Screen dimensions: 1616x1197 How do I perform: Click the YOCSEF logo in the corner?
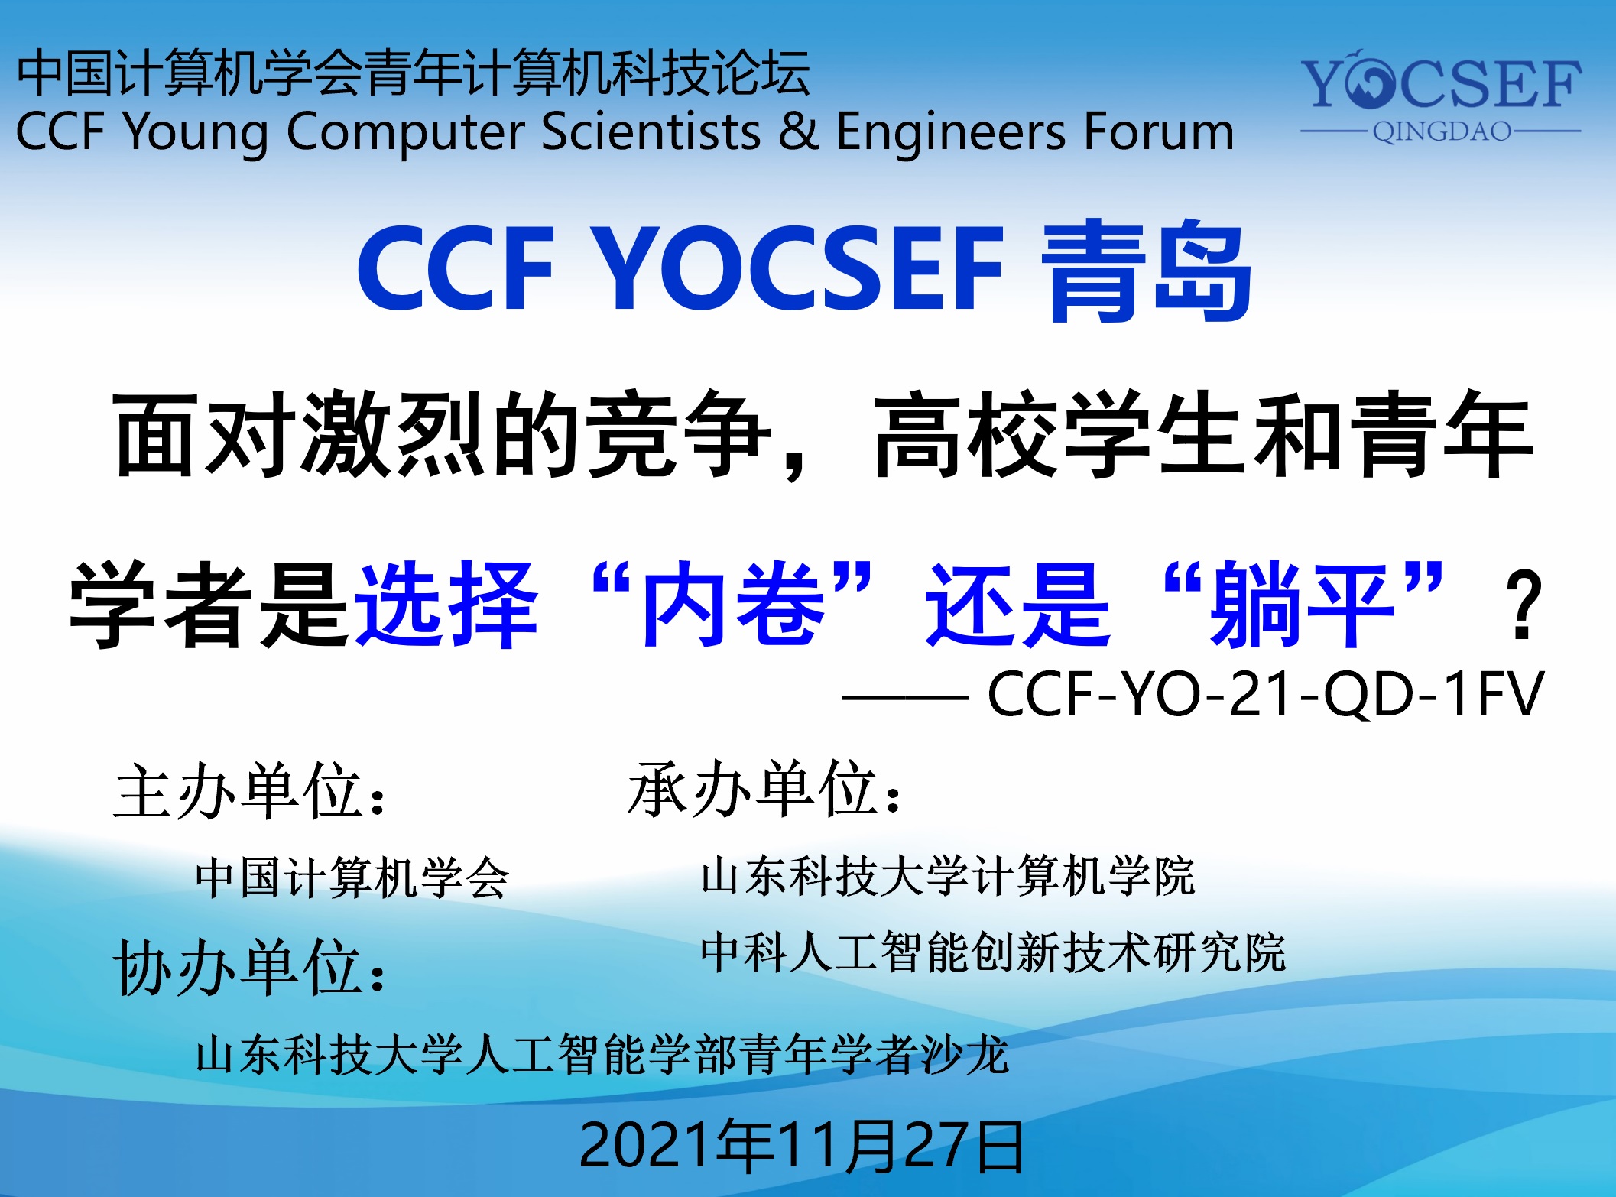pyautogui.click(x=1441, y=96)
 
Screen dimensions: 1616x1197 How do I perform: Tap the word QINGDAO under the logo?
pyautogui.click(x=1442, y=131)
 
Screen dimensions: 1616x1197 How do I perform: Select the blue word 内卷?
pyautogui.click(x=734, y=604)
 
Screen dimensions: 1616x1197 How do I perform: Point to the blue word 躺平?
pyautogui.click(x=1304, y=604)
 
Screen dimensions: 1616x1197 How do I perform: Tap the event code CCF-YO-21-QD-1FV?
pyautogui.click(x=1266, y=694)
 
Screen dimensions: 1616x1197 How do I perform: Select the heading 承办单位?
pyautogui.click(x=764, y=790)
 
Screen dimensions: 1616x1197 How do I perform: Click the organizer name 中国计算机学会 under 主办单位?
pyautogui.click(x=352, y=877)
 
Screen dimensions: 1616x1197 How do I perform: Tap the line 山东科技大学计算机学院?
pyautogui.click(x=948, y=876)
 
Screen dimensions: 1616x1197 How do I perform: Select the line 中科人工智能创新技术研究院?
pyautogui.click(x=994, y=952)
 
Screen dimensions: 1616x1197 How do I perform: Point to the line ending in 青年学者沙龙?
pyautogui.click(x=602, y=1055)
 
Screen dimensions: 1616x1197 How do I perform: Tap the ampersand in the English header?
pyautogui.click(x=798, y=131)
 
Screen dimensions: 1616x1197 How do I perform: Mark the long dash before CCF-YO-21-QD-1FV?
pyautogui.click(x=905, y=697)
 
